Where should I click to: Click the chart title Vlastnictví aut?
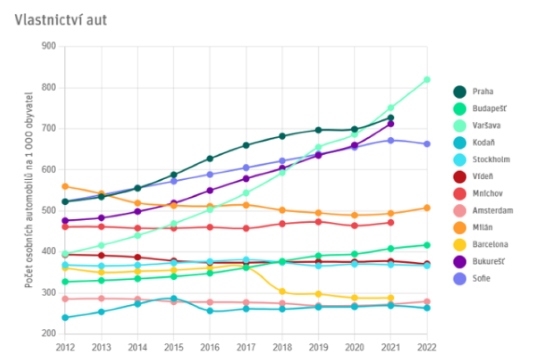[x=62, y=20]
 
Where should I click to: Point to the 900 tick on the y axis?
[x=49, y=46]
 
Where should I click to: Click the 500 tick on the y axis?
[x=49, y=211]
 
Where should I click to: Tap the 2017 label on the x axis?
[x=246, y=347]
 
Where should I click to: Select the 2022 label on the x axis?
[x=427, y=347]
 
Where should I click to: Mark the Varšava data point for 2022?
[x=427, y=80]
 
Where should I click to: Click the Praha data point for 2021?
[x=391, y=118]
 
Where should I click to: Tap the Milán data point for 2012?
[x=65, y=187]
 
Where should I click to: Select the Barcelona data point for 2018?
[x=282, y=292]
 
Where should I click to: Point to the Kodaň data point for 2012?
[x=65, y=318]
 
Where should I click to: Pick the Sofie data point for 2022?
[x=427, y=144]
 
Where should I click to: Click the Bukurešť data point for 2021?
[x=391, y=124]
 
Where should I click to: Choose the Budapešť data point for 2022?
[x=427, y=245]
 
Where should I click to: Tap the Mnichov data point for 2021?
[x=391, y=223]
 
